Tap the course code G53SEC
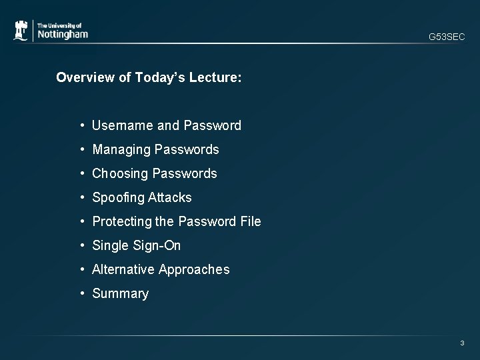447,37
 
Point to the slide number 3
462,343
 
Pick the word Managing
121,149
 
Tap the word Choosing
121,173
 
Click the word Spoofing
119,197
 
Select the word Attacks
170,197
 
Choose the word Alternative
124,269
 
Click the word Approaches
195,269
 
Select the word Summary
120,293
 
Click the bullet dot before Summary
81,293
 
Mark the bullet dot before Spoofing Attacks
81,197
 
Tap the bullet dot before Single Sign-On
81,245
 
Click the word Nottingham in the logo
62,34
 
